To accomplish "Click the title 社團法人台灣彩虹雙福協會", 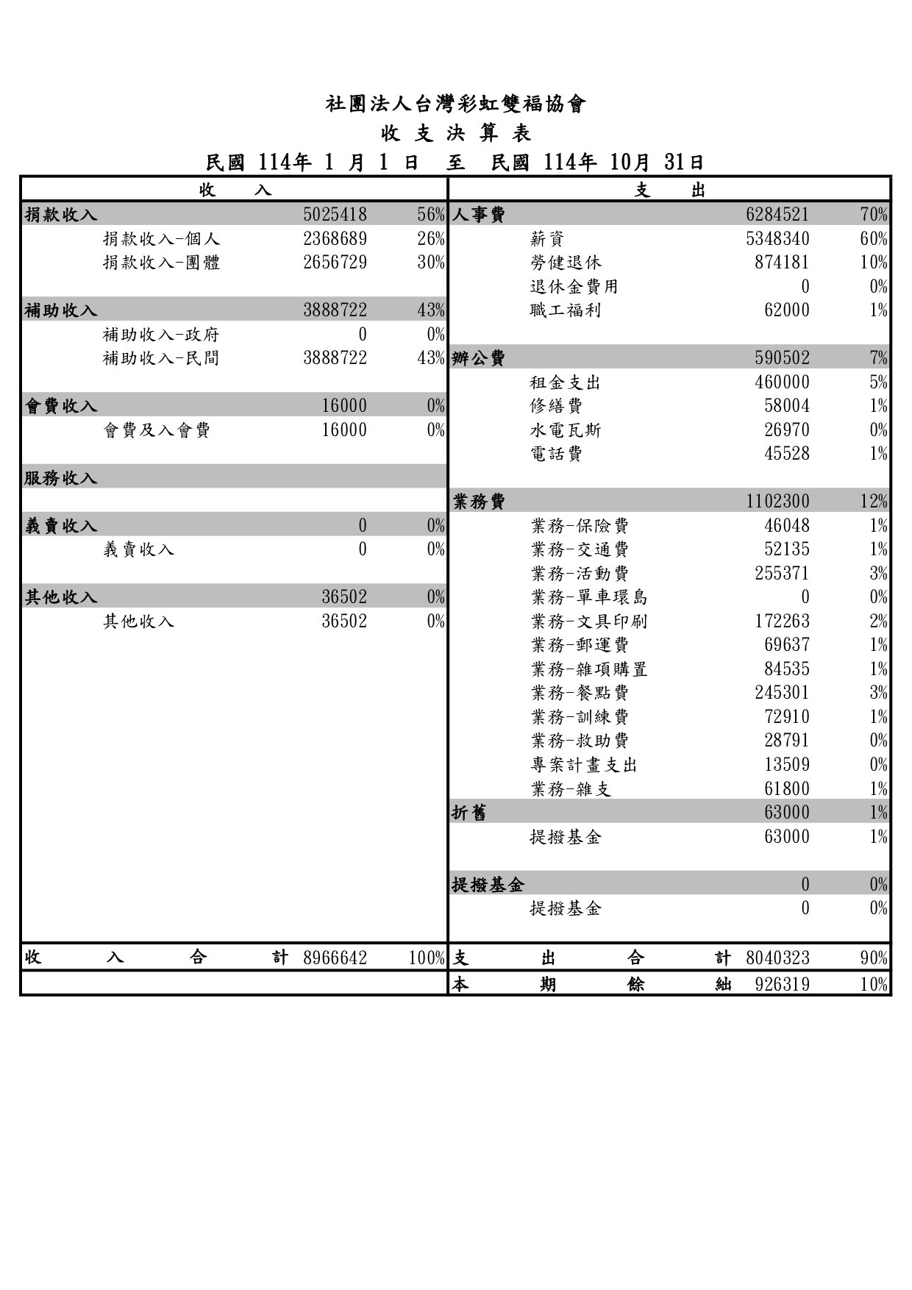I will tap(455, 104).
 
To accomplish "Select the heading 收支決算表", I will tap(455, 133).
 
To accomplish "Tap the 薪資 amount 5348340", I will tap(777, 239).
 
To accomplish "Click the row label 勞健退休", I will tap(565, 263).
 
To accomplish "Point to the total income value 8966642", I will tap(335, 958).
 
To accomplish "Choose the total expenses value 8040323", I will tap(777, 958).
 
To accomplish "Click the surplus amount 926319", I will tap(782, 984).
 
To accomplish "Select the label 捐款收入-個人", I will tap(161, 239).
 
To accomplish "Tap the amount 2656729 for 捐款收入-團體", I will tap(335, 263).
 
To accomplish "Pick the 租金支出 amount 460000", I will tap(782, 382).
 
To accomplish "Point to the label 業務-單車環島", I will tap(589, 597).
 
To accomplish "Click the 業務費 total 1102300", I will tap(777, 502).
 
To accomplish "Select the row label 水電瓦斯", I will tap(565, 430).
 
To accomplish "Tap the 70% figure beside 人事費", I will tap(874, 215).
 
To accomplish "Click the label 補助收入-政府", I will tap(161, 335).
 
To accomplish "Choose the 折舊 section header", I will tap(469, 813).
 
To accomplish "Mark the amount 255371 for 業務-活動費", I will tap(782, 574).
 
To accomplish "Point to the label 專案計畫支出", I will tap(583, 765).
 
